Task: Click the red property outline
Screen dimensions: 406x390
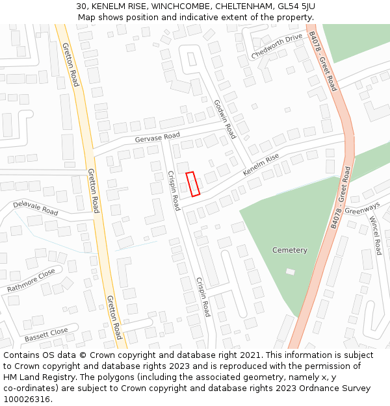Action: (193, 184)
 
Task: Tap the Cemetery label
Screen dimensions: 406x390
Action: (290, 250)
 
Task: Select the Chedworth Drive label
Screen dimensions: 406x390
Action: (277, 46)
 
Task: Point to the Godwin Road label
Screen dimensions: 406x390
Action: (224, 119)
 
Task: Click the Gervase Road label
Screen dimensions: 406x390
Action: (157, 138)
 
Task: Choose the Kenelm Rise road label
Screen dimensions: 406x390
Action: (261, 165)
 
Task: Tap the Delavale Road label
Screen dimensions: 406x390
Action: (36, 208)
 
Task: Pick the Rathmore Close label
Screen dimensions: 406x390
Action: (31, 280)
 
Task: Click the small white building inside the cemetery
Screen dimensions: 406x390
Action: (290, 271)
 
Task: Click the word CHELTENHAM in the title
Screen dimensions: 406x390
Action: (246, 6)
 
